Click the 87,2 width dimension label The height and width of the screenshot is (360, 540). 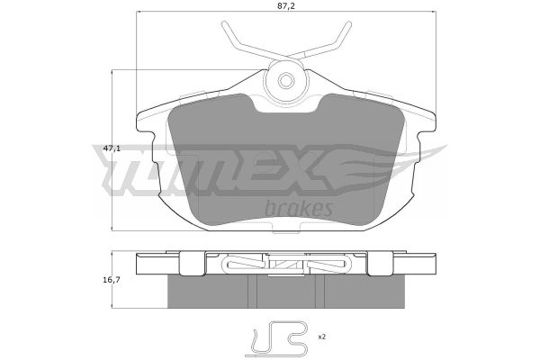pyautogui.click(x=286, y=5)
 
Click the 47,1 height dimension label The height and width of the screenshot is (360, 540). pyautogui.click(x=112, y=148)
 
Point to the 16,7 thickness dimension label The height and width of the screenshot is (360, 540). pyautogui.click(x=112, y=280)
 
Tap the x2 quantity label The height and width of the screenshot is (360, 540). pyautogui.click(x=321, y=337)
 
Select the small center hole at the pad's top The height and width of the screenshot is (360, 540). pyautogui.click(x=286, y=81)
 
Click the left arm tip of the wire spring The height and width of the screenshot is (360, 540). pyautogui.click(x=224, y=23)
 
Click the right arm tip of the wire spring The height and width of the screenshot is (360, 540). pyautogui.click(x=349, y=23)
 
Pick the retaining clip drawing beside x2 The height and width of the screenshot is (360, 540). pyautogui.click(x=279, y=339)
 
